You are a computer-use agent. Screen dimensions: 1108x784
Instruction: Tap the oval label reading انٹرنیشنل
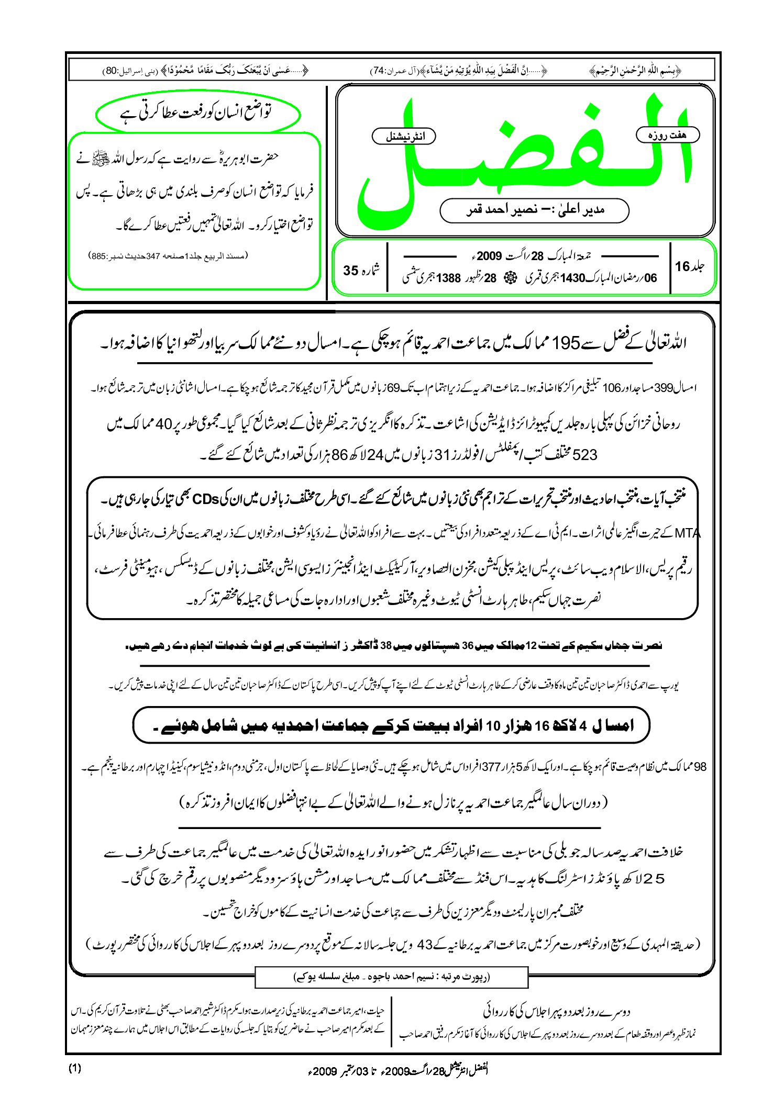pyautogui.click(x=404, y=137)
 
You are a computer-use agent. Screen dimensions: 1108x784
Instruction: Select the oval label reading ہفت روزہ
pyautogui.click(x=667, y=135)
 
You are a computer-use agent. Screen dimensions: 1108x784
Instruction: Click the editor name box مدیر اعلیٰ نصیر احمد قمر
pyautogui.click(x=534, y=210)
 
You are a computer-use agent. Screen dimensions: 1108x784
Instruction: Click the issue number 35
pyautogui.click(x=351, y=271)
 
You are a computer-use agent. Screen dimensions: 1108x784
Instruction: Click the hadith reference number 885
pyautogui.click(x=98, y=256)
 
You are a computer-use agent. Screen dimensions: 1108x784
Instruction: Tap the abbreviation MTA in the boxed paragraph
pyautogui.click(x=687, y=534)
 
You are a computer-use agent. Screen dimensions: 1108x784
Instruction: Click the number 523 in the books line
pyautogui.click(x=585, y=455)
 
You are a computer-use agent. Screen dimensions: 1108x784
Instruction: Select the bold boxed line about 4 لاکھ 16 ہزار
pyautogui.click(x=391, y=725)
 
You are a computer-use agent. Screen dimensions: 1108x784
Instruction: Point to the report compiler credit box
pyautogui.click(x=391, y=977)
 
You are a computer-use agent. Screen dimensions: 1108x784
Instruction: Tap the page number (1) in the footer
pyautogui.click(x=75, y=1069)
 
